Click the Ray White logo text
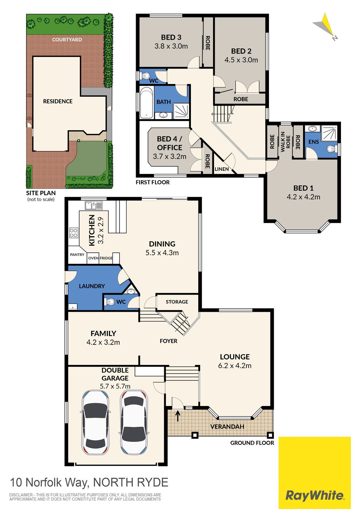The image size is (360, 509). tap(315, 495)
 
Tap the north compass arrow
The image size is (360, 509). tap(325, 26)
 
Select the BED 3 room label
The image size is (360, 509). tap(171, 37)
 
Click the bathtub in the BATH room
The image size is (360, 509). tap(146, 103)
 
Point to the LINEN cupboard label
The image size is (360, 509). tap(221, 169)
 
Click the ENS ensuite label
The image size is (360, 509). tap(314, 142)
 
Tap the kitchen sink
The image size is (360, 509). tap(94, 205)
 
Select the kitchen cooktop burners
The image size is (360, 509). tap(73, 233)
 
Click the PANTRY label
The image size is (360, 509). tap(77, 255)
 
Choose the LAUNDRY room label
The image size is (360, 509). tap(92, 286)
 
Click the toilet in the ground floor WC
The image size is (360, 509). tap(109, 302)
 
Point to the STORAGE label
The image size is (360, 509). tap(177, 302)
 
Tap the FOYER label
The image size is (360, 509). tap(168, 341)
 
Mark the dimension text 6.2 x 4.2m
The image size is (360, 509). tap(235, 366)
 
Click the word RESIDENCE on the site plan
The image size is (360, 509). tap(58, 101)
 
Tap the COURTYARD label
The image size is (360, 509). tap(67, 39)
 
